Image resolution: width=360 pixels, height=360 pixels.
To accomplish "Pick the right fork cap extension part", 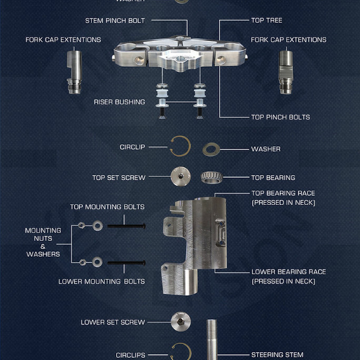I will point(287,71).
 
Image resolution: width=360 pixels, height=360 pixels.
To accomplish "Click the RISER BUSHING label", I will point(120,102).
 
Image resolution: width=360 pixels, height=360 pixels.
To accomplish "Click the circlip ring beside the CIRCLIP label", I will point(179,147).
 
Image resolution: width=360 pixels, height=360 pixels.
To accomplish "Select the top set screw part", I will point(180,177).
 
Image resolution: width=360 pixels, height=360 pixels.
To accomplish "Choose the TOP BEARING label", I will point(273,177).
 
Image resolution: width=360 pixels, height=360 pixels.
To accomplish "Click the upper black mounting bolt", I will point(127,226).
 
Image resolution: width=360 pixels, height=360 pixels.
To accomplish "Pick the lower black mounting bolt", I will point(127,262).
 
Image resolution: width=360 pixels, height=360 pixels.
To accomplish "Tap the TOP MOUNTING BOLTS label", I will point(107,207).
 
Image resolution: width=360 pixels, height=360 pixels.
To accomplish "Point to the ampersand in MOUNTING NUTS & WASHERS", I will point(43,246).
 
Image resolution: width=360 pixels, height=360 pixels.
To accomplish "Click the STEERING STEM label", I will point(278,354).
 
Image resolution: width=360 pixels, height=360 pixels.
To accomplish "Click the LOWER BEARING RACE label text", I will point(288,272).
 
